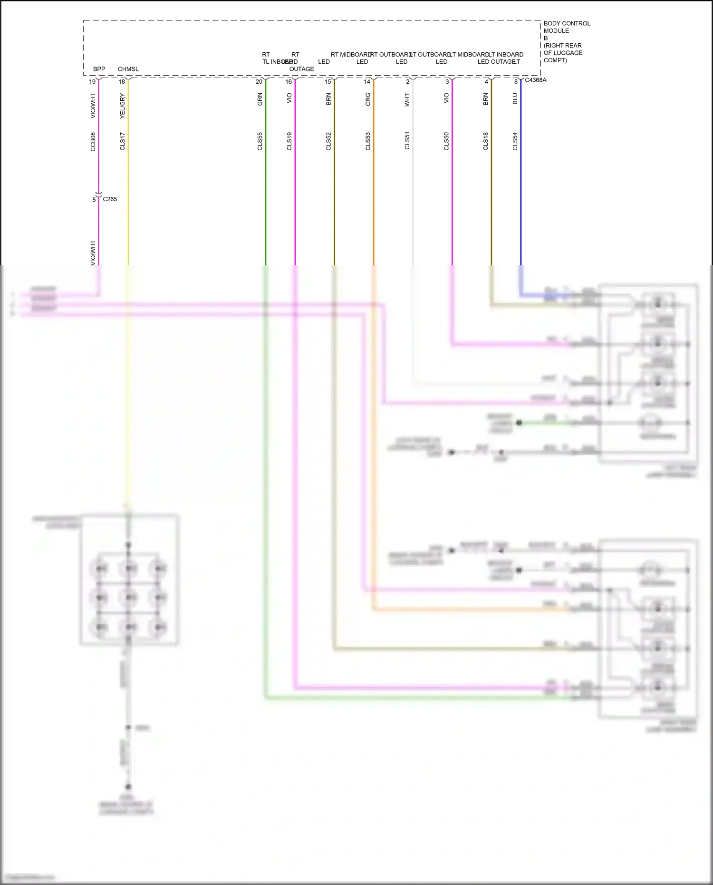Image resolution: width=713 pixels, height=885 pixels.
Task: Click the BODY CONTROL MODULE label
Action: pos(566,27)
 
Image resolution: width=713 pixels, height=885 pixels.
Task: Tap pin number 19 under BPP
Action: pos(92,82)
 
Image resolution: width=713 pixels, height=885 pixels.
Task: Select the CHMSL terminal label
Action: pos(128,69)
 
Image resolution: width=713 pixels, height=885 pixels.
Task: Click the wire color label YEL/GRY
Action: pos(122,106)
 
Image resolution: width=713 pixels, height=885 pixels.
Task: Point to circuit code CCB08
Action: pos(93,142)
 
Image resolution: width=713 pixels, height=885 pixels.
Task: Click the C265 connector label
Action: pos(110,199)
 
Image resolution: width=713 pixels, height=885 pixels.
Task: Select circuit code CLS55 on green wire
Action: pos(260,142)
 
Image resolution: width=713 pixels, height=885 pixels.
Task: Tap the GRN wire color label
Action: pos(260,99)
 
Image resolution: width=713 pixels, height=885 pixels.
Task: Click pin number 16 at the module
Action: pos(289,82)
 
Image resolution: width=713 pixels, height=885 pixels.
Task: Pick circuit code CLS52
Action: pos(328,142)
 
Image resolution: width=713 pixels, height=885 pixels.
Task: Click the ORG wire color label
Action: pos(368,99)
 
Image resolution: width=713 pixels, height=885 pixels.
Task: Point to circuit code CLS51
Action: pos(407,141)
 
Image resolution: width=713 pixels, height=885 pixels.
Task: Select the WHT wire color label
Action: pos(407,99)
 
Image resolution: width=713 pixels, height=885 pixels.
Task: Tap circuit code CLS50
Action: pos(446,142)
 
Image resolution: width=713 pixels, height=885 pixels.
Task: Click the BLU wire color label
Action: pos(515,98)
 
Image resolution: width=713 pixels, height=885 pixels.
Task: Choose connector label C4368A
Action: pos(535,80)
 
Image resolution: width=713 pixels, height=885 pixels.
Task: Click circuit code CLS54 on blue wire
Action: pos(515,142)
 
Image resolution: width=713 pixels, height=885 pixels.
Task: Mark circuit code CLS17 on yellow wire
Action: pos(122,142)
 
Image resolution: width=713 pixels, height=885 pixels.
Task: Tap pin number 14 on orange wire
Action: pos(367,82)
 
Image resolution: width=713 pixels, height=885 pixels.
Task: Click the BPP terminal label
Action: pos(99,69)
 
